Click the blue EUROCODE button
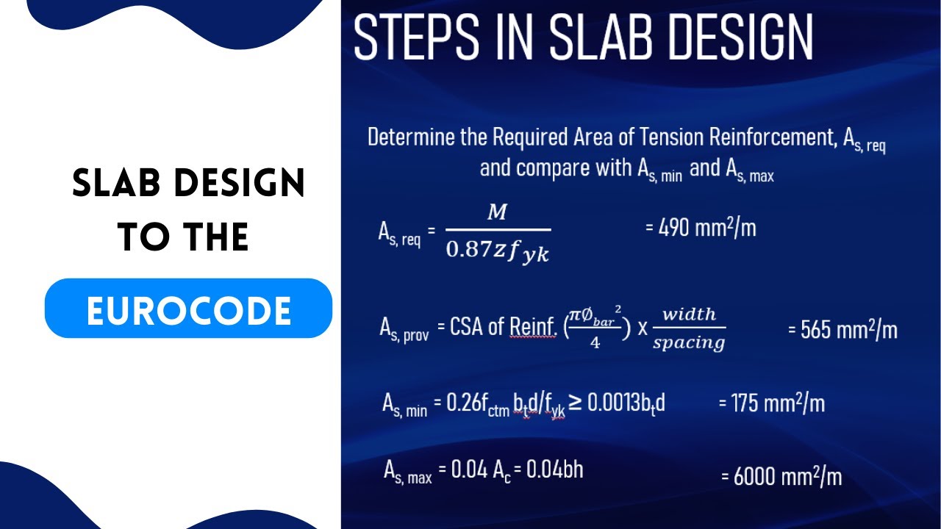188,309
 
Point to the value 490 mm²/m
701,228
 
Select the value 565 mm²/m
842,329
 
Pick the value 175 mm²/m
771,403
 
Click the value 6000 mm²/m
781,476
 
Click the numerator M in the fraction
498,213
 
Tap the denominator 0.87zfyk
498,252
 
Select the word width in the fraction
689,314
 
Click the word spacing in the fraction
689,342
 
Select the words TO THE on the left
183,237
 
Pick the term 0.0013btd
626,403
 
